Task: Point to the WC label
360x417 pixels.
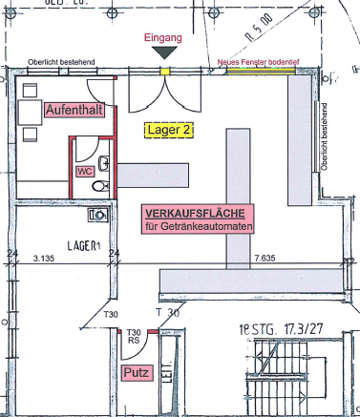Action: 83,173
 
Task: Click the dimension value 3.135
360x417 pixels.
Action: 43,259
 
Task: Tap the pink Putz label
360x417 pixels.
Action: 135,373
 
